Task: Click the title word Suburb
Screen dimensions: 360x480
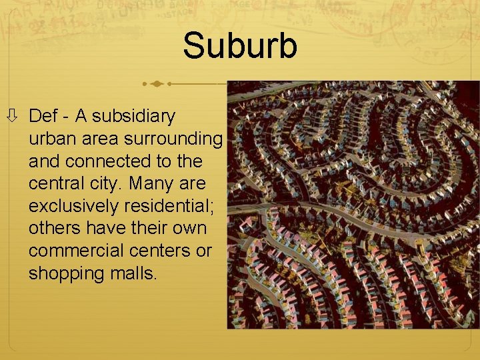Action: click(x=240, y=46)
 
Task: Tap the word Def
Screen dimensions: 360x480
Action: click(x=44, y=116)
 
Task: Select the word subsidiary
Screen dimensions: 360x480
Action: click(x=134, y=116)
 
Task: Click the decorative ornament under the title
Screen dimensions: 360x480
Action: click(x=157, y=84)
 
